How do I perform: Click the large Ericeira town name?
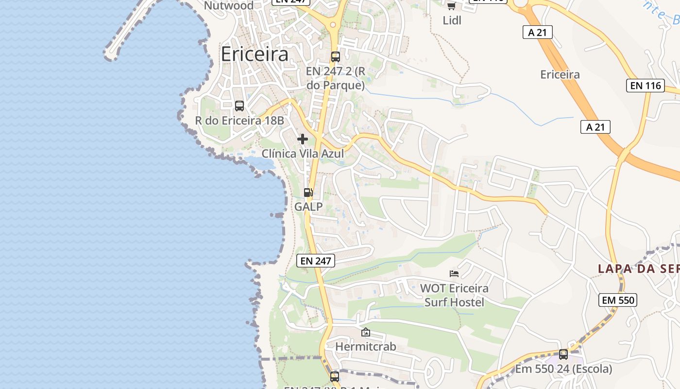click(x=255, y=54)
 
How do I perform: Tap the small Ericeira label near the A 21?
click(x=560, y=74)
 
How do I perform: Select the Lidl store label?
click(x=452, y=20)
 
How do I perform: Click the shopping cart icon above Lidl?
click(x=451, y=6)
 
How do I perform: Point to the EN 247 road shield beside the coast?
click(x=316, y=261)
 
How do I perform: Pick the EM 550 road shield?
click(x=618, y=300)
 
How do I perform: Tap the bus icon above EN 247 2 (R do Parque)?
click(x=335, y=56)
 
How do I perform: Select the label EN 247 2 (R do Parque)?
click(x=335, y=78)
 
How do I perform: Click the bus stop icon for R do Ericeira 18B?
click(x=239, y=106)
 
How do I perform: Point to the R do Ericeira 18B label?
click(x=239, y=121)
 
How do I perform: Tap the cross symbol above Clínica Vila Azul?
click(x=302, y=139)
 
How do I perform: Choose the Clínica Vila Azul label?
click(x=303, y=154)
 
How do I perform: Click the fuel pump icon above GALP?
click(x=308, y=193)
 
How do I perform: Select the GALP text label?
click(x=308, y=207)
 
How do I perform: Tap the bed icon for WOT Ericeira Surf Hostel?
click(x=454, y=274)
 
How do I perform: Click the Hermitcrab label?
click(x=366, y=347)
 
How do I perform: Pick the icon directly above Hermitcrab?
click(x=366, y=333)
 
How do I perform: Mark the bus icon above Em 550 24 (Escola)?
click(x=563, y=354)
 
